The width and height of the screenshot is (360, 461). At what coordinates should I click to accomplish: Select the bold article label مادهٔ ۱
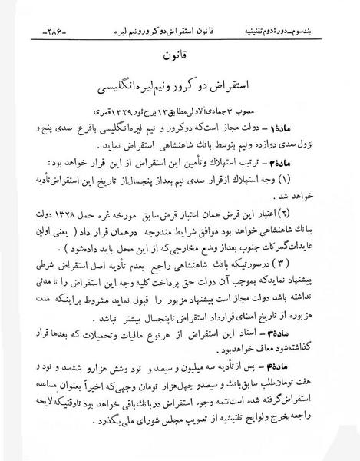325,123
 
